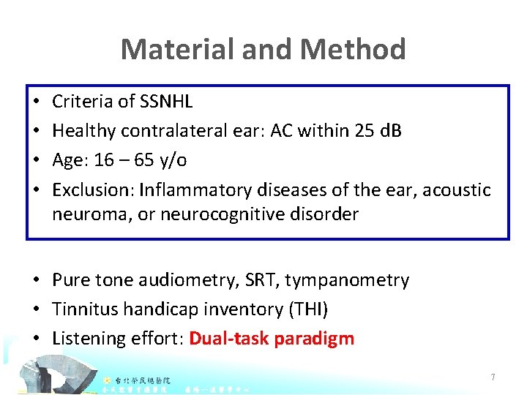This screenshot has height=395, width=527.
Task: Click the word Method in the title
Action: pyautogui.click(x=354, y=50)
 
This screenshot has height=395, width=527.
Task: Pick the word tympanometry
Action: pyautogui.click(x=347, y=280)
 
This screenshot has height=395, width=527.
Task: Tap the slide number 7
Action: pyautogui.click(x=493, y=377)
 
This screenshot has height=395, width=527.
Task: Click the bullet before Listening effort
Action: pyautogui.click(x=36, y=339)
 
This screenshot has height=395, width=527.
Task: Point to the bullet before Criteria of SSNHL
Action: pyautogui.click(x=36, y=102)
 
